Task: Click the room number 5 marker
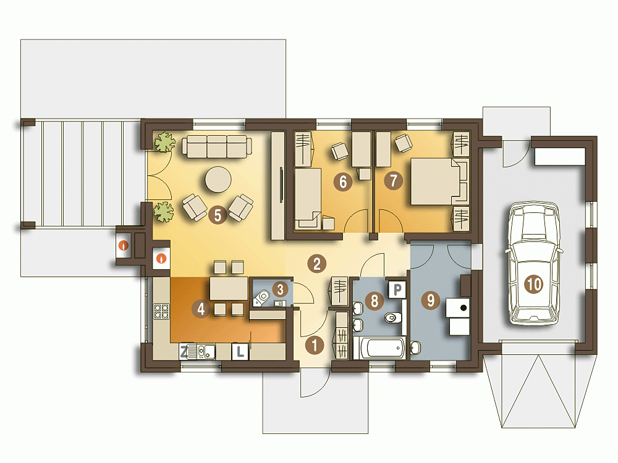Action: (218, 215)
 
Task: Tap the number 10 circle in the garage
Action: (535, 284)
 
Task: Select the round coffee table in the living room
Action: (218, 180)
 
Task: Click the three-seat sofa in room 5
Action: (217, 146)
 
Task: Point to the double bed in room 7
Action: (438, 181)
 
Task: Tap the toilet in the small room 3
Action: (261, 298)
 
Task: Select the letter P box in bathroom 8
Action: (397, 290)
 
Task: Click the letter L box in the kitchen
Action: (240, 352)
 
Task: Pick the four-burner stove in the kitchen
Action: (161, 311)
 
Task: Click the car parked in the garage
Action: (534, 264)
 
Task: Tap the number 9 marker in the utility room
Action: (430, 301)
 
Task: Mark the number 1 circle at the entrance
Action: (314, 345)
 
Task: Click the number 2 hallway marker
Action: (317, 264)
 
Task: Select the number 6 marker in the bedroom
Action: (343, 182)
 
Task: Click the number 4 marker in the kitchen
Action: (201, 309)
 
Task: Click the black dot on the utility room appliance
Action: (463, 307)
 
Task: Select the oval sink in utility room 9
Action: (415, 348)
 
